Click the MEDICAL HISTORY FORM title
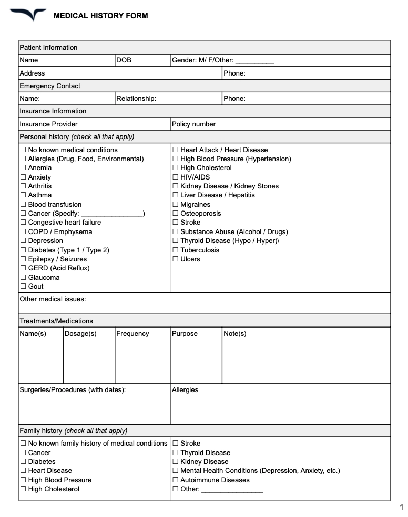(100, 16)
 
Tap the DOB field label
(124, 60)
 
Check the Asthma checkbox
(23, 195)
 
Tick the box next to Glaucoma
(23, 278)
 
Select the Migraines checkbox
(176, 205)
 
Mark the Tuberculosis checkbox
(176, 250)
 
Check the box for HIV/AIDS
(176, 177)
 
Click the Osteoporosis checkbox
(176, 214)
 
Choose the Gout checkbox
(23, 287)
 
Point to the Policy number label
(193, 124)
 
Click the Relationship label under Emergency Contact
(136, 98)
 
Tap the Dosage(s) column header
(80, 334)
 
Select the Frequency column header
(132, 334)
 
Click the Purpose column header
(185, 334)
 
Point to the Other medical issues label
(53, 299)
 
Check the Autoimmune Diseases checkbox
(176, 480)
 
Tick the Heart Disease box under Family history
(23, 471)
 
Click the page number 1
(401, 507)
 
